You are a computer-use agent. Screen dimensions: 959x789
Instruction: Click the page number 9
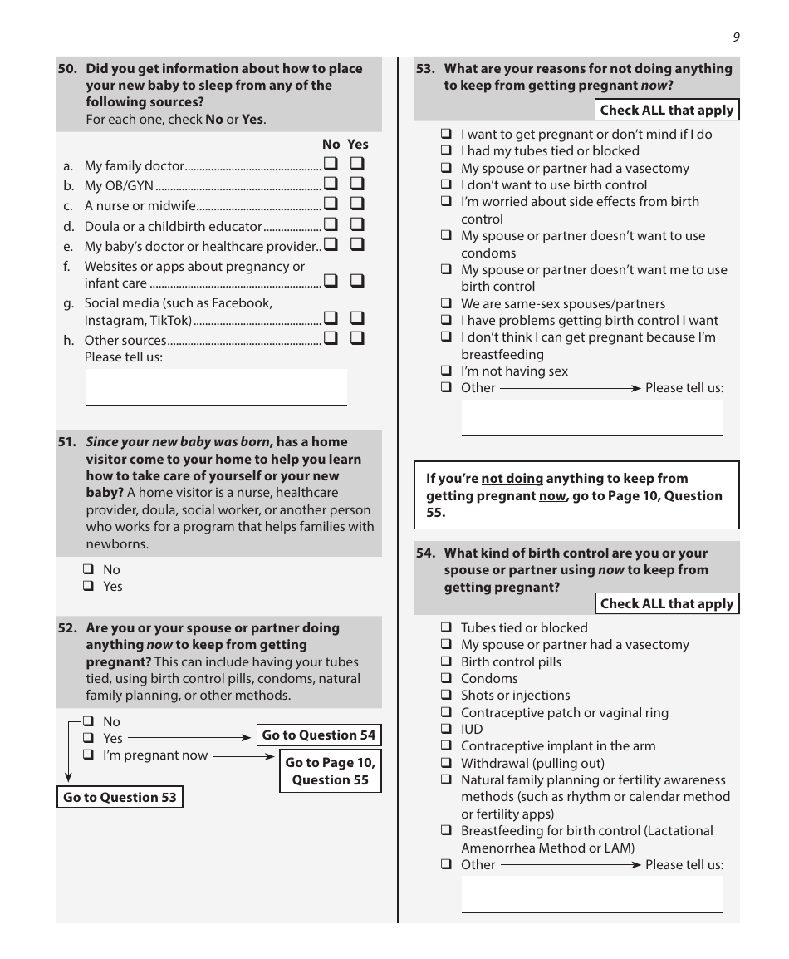(x=736, y=37)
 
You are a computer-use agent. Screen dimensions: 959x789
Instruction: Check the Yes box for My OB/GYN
(x=357, y=184)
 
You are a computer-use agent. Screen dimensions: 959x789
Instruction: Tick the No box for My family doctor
(x=331, y=165)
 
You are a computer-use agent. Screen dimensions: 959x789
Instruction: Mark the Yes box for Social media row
(x=357, y=318)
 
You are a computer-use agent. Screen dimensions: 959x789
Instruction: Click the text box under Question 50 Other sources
(x=216, y=386)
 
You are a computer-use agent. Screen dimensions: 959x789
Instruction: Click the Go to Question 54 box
(x=319, y=735)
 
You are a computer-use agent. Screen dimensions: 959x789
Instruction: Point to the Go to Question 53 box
(x=120, y=798)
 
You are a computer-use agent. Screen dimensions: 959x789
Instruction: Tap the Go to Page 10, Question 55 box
(x=330, y=771)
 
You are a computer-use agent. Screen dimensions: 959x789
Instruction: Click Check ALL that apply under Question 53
(x=666, y=111)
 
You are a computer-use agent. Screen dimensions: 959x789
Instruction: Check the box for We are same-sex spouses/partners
(x=446, y=304)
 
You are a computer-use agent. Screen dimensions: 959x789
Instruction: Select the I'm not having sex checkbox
(x=446, y=371)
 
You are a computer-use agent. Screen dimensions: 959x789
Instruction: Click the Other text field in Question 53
(x=592, y=417)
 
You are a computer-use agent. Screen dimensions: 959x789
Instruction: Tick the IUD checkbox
(x=446, y=730)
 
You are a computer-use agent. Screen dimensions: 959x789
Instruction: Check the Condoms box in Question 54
(x=446, y=679)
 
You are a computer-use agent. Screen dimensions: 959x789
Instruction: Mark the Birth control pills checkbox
(x=446, y=662)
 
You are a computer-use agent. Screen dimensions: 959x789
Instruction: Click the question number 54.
(x=426, y=553)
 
